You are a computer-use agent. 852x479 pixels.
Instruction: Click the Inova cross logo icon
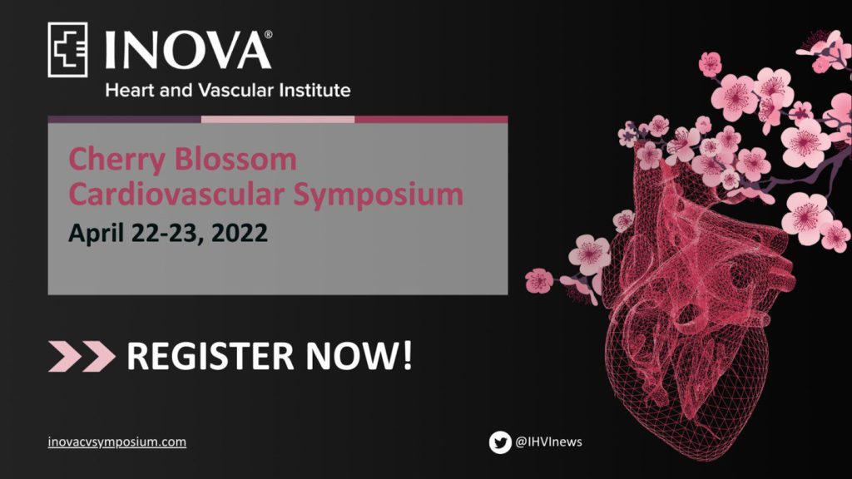[x=68, y=49]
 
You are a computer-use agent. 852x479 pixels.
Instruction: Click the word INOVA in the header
[x=187, y=50]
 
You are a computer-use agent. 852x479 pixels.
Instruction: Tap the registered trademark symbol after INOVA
[x=269, y=35]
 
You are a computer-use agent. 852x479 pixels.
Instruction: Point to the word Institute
[x=315, y=90]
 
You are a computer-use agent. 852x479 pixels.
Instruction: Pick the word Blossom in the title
[x=235, y=159]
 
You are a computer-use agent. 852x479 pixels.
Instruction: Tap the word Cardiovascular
[x=176, y=194]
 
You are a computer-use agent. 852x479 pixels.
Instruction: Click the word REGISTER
[x=211, y=356]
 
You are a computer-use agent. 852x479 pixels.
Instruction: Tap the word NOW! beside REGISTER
[x=359, y=356]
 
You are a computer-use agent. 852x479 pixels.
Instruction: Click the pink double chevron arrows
[x=82, y=356]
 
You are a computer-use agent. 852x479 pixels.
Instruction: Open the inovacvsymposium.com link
[x=116, y=442]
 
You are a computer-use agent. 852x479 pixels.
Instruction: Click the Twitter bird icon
[x=500, y=442]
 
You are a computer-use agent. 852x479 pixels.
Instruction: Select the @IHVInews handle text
[x=548, y=442]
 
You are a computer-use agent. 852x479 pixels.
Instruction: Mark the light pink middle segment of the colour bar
[x=278, y=119]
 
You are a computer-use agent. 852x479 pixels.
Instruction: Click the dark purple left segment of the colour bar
[x=125, y=119]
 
